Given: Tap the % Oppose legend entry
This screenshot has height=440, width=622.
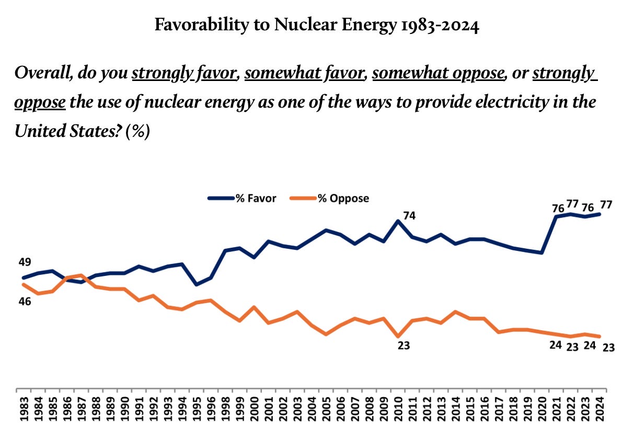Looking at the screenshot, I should pos(343,198).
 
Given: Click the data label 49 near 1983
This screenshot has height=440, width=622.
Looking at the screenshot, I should pos(25,262).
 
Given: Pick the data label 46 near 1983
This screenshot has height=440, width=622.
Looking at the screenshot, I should pos(25,301).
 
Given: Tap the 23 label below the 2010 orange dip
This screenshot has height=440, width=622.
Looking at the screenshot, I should pos(404,345).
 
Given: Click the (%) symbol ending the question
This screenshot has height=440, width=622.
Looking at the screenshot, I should pos(139,130).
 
